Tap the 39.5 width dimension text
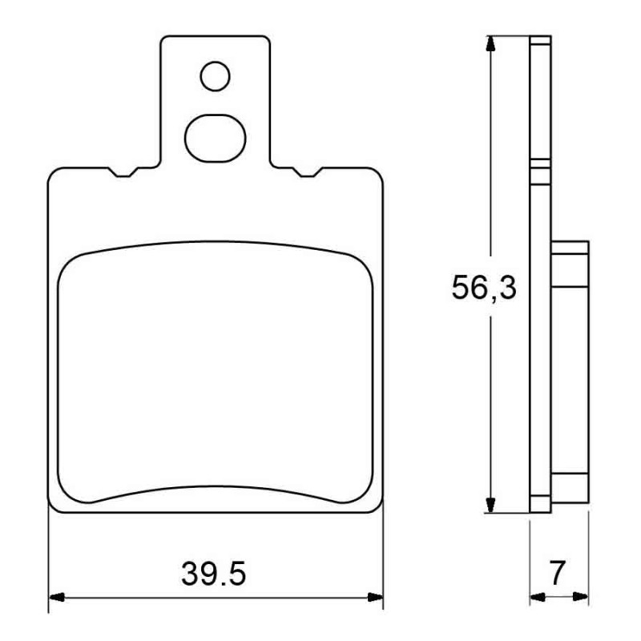(x=214, y=574)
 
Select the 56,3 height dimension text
(x=484, y=288)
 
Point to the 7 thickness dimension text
(x=557, y=573)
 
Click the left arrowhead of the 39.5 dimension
(x=57, y=597)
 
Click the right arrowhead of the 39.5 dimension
(x=375, y=597)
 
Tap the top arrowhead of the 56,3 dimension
(x=490, y=44)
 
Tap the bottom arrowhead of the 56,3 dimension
(x=490, y=505)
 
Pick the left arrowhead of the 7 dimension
(x=537, y=597)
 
